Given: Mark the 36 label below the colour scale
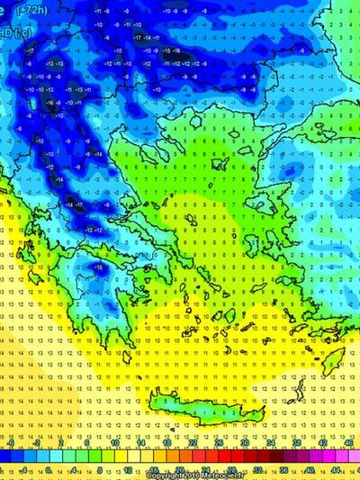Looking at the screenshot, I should (285, 470).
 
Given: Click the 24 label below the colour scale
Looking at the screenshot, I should (206, 470).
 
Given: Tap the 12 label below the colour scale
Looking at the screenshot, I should (128, 470).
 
